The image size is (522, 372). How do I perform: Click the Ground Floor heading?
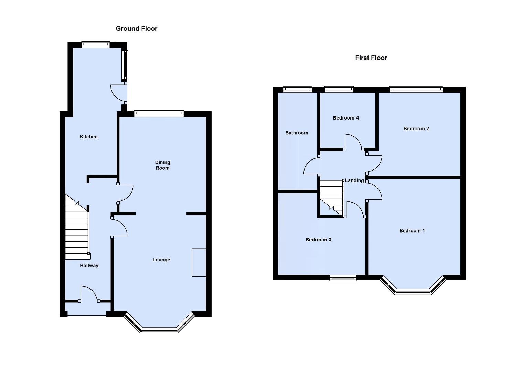136,29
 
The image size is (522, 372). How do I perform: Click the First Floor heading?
371,58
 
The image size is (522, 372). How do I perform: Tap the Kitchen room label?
88,137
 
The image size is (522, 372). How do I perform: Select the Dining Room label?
162,165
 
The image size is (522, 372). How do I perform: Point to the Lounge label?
161,260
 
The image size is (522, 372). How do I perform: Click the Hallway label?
89,265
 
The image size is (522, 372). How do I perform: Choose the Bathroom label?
297,133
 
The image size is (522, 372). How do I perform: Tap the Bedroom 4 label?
346,118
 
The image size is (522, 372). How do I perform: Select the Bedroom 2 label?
416,128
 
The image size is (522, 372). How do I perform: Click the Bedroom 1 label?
412,230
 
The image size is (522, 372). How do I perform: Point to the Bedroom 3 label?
318,240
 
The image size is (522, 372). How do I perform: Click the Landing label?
354,180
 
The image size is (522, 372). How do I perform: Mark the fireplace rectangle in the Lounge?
199,262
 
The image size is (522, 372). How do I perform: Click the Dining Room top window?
159,113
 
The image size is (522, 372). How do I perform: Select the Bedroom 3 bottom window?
343,278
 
